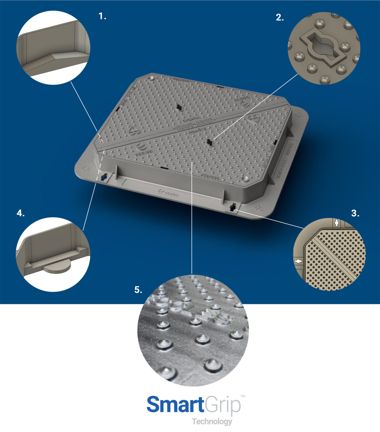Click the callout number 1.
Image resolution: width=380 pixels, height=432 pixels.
click(x=102, y=17)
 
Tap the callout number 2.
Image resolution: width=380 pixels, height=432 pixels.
click(x=279, y=18)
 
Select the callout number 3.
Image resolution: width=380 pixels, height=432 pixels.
click(x=355, y=213)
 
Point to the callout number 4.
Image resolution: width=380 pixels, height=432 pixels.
click(x=21, y=213)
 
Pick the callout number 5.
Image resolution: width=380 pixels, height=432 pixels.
click(x=138, y=290)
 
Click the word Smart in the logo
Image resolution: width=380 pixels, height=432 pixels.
click(x=175, y=405)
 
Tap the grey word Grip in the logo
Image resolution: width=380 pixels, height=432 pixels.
click(x=222, y=405)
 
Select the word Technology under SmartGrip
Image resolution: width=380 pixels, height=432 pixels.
click(x=212, y=421)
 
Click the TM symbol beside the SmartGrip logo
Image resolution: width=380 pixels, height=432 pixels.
click(x=243, y=396)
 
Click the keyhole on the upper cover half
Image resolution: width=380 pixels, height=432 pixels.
click(x=178, y=107)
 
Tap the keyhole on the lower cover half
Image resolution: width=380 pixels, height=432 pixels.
click(x=210, y=142)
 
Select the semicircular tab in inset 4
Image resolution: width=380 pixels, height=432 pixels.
click(x=57, y=268)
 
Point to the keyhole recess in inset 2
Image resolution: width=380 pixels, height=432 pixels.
click(x=323, y=48)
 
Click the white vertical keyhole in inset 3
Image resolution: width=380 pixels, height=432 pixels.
click(x=336, y=222)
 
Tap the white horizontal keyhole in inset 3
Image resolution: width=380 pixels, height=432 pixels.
click(x=298, y=261)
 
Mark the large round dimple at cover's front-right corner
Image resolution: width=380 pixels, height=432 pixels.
click(x=245, y=179)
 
